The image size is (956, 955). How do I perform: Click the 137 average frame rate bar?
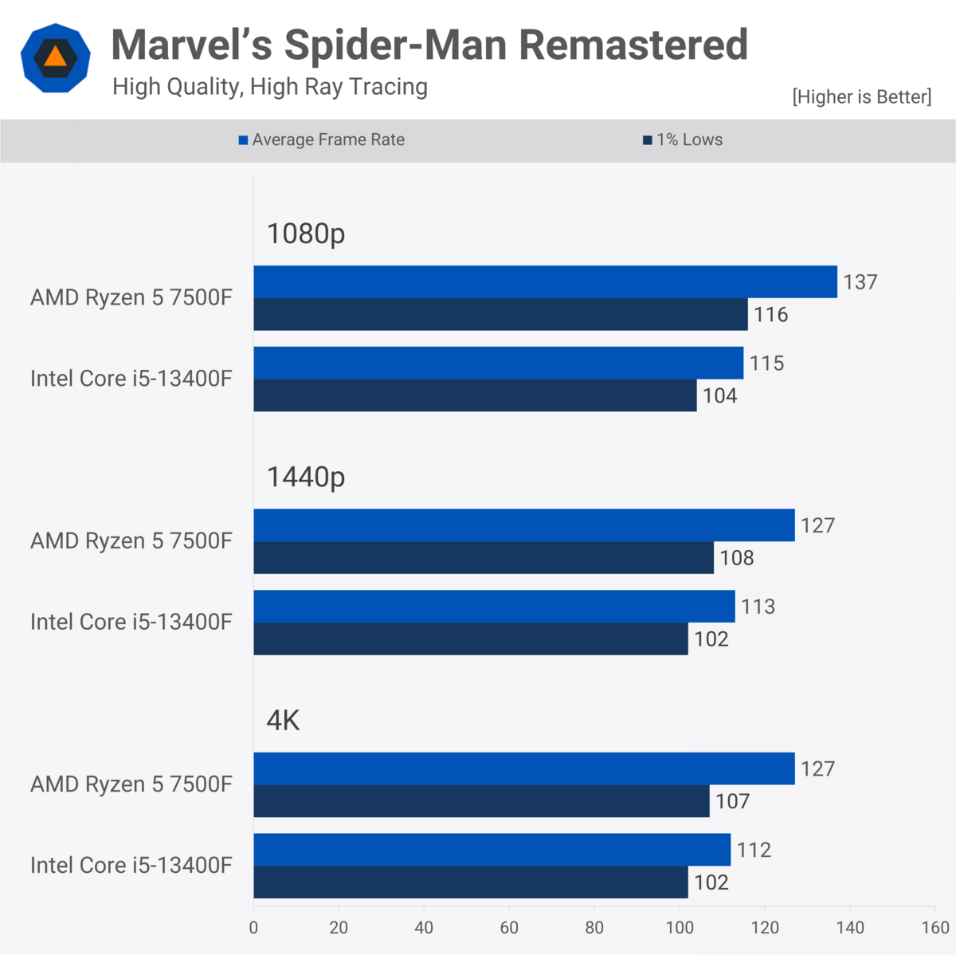(x=545, y=282)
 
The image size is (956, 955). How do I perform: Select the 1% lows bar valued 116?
(x=500, y=315)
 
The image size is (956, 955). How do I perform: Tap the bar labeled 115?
(x=498, y=364)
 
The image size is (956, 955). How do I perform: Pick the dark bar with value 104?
(x=475, y=396)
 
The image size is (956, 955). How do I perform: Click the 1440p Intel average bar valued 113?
(x=494, y=607)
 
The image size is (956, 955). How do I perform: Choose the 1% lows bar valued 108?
(x=484, y=558)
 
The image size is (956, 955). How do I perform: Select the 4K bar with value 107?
(x=481, y=801)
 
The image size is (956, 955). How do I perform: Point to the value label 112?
(x=754, y=850)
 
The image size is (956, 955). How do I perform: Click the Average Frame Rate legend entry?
(x=322, y=140)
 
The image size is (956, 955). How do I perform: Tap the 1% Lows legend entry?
(x=683, y=140)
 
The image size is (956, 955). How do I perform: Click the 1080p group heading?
(x=306, y=234)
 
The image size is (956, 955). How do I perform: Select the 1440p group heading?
(x=306, y=477)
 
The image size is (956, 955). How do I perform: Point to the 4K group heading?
(x=283, y=721)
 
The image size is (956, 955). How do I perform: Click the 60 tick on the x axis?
(x=509, y=928)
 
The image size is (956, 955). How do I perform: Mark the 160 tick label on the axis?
(x=935, y=928)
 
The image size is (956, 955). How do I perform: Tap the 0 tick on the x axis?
(x=253, y=928)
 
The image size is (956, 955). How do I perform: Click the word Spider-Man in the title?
(x=397, y=45)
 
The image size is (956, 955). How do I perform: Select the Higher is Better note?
(x=861, y=97)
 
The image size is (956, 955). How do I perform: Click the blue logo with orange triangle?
(x=55, y=57)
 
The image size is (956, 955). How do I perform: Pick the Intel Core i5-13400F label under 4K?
(x=131, y=866)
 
